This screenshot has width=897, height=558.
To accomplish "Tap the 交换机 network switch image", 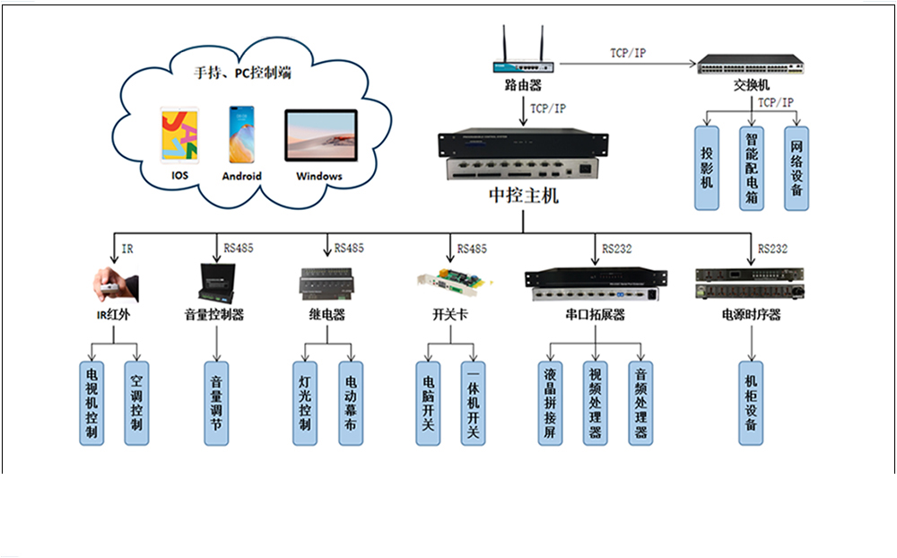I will click(x=751, y=65).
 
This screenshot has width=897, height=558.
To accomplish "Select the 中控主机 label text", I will click(x=523, y=196).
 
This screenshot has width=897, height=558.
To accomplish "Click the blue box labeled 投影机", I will click(x=708, y=168).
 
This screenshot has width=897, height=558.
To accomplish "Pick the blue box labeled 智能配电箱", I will click(x=752, y=168).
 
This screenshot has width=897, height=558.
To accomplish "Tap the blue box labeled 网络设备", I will click(x=796, y=168).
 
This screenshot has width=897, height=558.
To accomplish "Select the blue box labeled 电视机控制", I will click(x=91, y=403).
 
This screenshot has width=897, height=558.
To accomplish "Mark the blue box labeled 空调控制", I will click(x=135, y=403).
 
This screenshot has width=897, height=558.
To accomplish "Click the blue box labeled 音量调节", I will click(x=215, y=403).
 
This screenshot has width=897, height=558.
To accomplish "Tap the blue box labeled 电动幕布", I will click(x=350, y=403).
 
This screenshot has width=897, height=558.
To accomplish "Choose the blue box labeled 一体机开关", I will click(x=472, y=403).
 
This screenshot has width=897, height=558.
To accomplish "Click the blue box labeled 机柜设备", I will click(x=751, y=403).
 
